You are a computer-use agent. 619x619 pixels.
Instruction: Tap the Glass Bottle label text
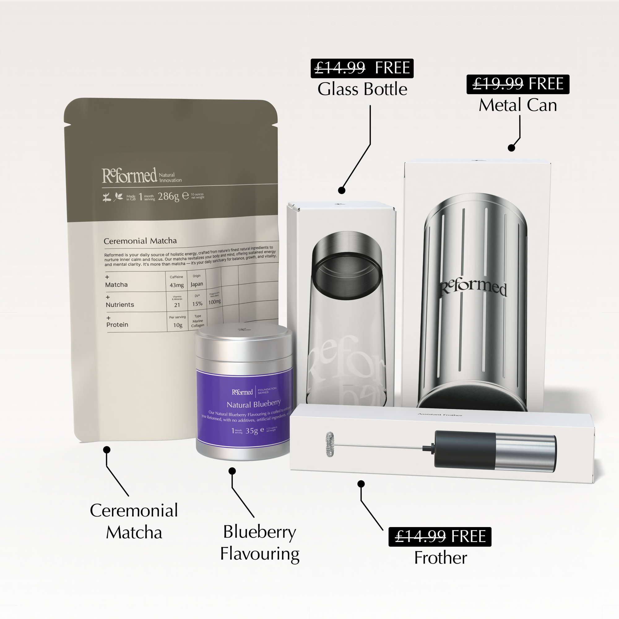pos(362,89)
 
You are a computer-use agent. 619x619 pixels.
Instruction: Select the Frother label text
pos(440,558)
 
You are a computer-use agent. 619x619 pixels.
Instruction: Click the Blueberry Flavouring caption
pos(260,543)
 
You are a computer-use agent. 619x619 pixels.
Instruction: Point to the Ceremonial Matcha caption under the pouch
pos(134,521)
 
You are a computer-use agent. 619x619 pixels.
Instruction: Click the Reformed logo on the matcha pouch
pos(129,175)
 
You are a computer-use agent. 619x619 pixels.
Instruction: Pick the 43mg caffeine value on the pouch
pos(176,285)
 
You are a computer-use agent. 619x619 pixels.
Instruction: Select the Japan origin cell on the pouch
pos(197,284)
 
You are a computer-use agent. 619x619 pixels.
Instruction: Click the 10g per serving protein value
pos(178,325)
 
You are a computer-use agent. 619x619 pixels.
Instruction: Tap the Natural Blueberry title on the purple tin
pos(253,404)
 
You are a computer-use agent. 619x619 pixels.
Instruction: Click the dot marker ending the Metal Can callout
pos(511,148)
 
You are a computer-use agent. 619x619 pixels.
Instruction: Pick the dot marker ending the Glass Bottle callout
pos(342,190)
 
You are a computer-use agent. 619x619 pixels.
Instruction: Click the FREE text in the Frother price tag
pos(468,537)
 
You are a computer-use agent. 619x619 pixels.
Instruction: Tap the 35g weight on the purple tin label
pos(252,431)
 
